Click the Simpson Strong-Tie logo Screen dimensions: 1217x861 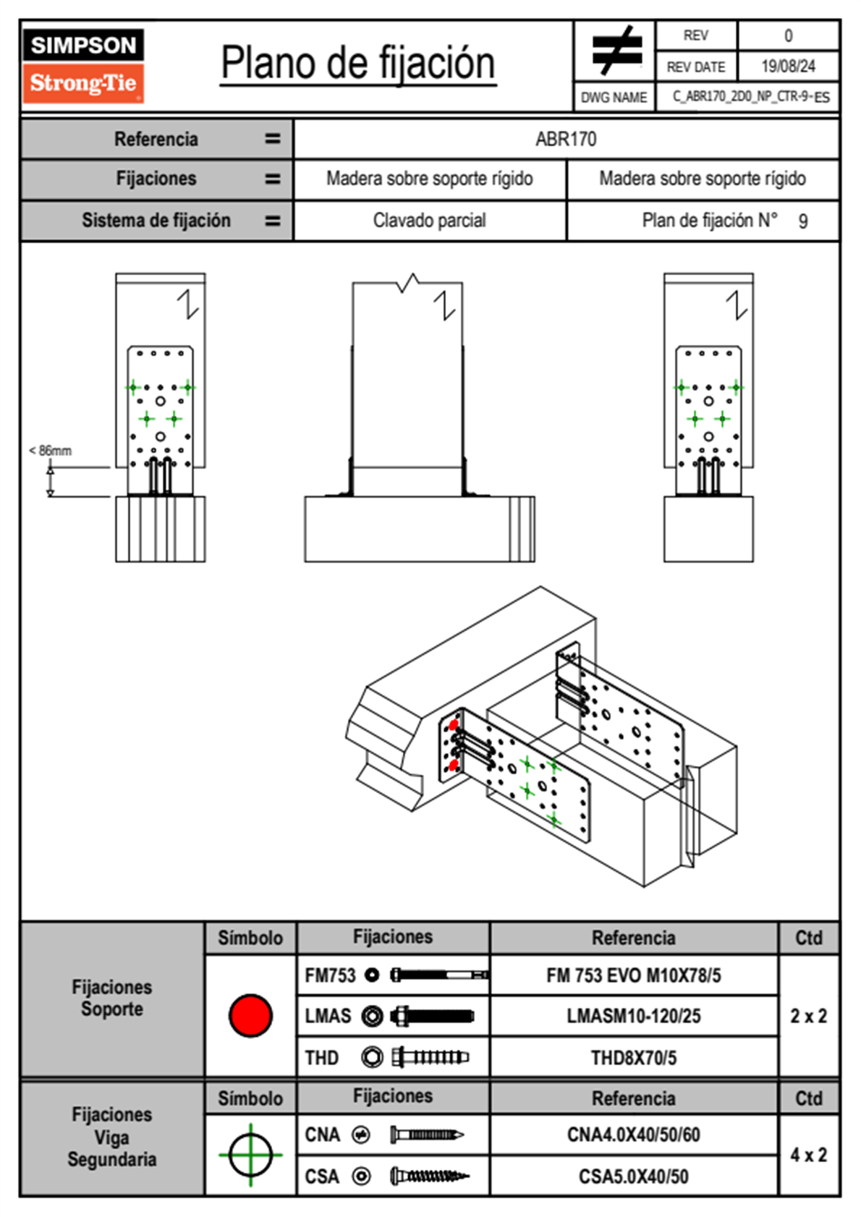coord(83,65)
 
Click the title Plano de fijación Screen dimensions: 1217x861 coord(358,64)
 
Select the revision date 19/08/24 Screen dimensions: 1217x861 coord(788,67)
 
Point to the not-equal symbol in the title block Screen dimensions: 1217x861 coord(616,51)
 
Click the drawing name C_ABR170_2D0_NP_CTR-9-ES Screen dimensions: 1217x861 coord(750,97)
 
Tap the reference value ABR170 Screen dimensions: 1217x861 coord(566,139)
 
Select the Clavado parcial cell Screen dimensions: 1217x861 coord(429,221)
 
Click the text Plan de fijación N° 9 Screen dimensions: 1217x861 coord(724,221)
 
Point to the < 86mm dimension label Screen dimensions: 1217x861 coord(50,451)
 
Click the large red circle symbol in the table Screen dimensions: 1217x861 coord(250,1015)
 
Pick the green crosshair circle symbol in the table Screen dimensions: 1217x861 coord(250,1155)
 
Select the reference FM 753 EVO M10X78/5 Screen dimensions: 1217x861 coord(633,976)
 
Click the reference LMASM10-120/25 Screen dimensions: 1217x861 coord(633,1017)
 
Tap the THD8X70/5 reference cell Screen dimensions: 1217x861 coord(633,1058)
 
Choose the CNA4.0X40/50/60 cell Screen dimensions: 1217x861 coord(633,1135)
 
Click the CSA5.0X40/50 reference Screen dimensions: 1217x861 coord(633,1176)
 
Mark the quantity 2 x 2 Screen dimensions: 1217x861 coord(808,1017)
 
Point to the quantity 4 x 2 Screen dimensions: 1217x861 coord(808,1155)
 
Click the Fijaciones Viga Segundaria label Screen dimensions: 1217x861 coord(112,1137)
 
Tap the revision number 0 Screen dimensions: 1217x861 coord(788,35)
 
